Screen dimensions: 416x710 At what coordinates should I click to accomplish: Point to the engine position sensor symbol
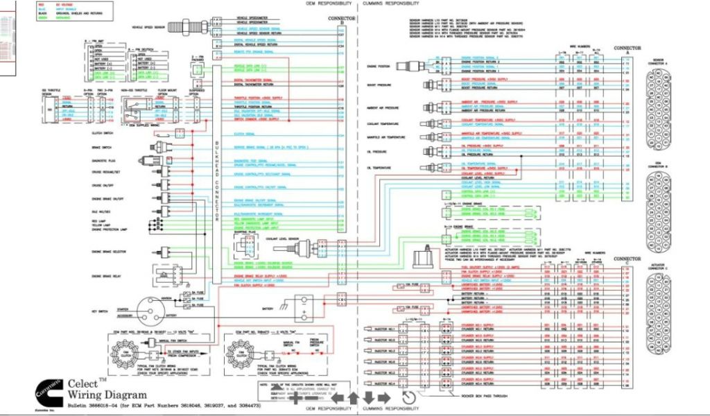click(417, 66)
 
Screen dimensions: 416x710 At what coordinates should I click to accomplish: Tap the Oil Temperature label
click(379, 168)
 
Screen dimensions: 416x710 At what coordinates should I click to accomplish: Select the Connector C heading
click(627, 263)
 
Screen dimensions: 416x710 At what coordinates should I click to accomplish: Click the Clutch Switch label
click(101, 132)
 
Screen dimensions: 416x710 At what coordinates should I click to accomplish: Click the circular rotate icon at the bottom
click(408, 398)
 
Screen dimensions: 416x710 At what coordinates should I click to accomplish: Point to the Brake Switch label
click(101, 147)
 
